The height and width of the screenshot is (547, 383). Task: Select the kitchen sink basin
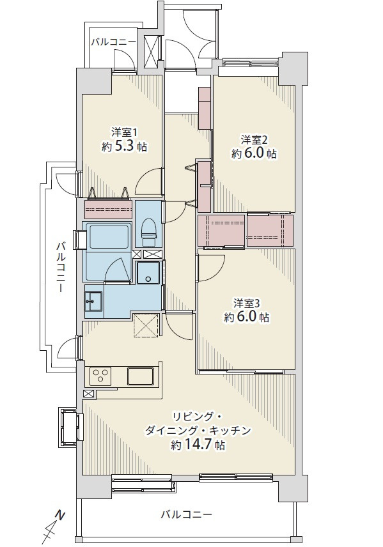tap(139, 376)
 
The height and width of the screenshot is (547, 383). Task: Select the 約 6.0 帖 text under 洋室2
tap(254, 153)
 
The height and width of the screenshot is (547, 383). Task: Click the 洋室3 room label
tap(246, 302)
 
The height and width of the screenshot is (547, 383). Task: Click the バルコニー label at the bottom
tap(185, 514)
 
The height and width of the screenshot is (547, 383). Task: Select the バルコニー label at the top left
tap(113, 42)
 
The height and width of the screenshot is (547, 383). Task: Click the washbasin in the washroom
tap(94, 301)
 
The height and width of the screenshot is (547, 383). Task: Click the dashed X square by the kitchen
tap(146, 325)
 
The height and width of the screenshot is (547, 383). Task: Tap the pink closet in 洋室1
tap(108, 210)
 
